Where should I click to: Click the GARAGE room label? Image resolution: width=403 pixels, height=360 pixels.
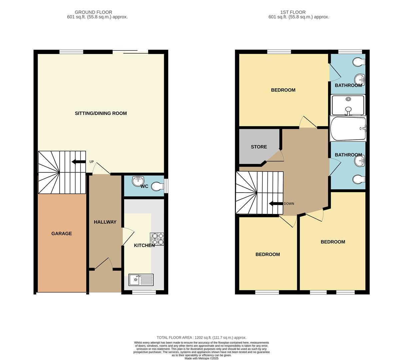coord(62,234)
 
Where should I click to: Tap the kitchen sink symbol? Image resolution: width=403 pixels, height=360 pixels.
coord(141,280)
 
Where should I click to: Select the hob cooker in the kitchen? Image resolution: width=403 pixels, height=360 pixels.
coord(157,239)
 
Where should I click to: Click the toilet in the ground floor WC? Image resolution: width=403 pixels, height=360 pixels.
coord(158,186)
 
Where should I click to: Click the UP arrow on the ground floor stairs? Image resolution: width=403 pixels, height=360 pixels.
coord(79,162)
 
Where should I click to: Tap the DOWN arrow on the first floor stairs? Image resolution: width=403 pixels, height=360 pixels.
coord(276,204)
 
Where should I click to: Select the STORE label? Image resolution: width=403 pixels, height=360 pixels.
coord(259,147)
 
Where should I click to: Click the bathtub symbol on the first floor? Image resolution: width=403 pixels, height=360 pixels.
coord(348,129)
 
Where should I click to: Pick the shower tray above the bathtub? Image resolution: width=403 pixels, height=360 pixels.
coord(348,105)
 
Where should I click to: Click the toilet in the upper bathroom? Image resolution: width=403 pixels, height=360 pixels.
coord(359,62)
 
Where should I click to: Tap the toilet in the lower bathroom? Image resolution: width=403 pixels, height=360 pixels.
coord(359,179)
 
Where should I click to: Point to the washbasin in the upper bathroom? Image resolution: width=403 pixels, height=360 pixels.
coord(360,80)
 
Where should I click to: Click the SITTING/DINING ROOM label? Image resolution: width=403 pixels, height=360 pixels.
coord(101,113)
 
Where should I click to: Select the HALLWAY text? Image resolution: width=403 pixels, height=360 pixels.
coord(105,222)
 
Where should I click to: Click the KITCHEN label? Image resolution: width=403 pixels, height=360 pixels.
coord(144,246)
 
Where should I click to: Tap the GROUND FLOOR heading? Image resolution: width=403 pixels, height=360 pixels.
coord(94,12)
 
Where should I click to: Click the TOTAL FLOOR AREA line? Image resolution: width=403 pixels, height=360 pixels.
coord(201,338)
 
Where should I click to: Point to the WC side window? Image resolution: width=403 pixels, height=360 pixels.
coord(166,186)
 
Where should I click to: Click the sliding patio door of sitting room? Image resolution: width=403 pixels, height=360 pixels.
coord(130,52)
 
